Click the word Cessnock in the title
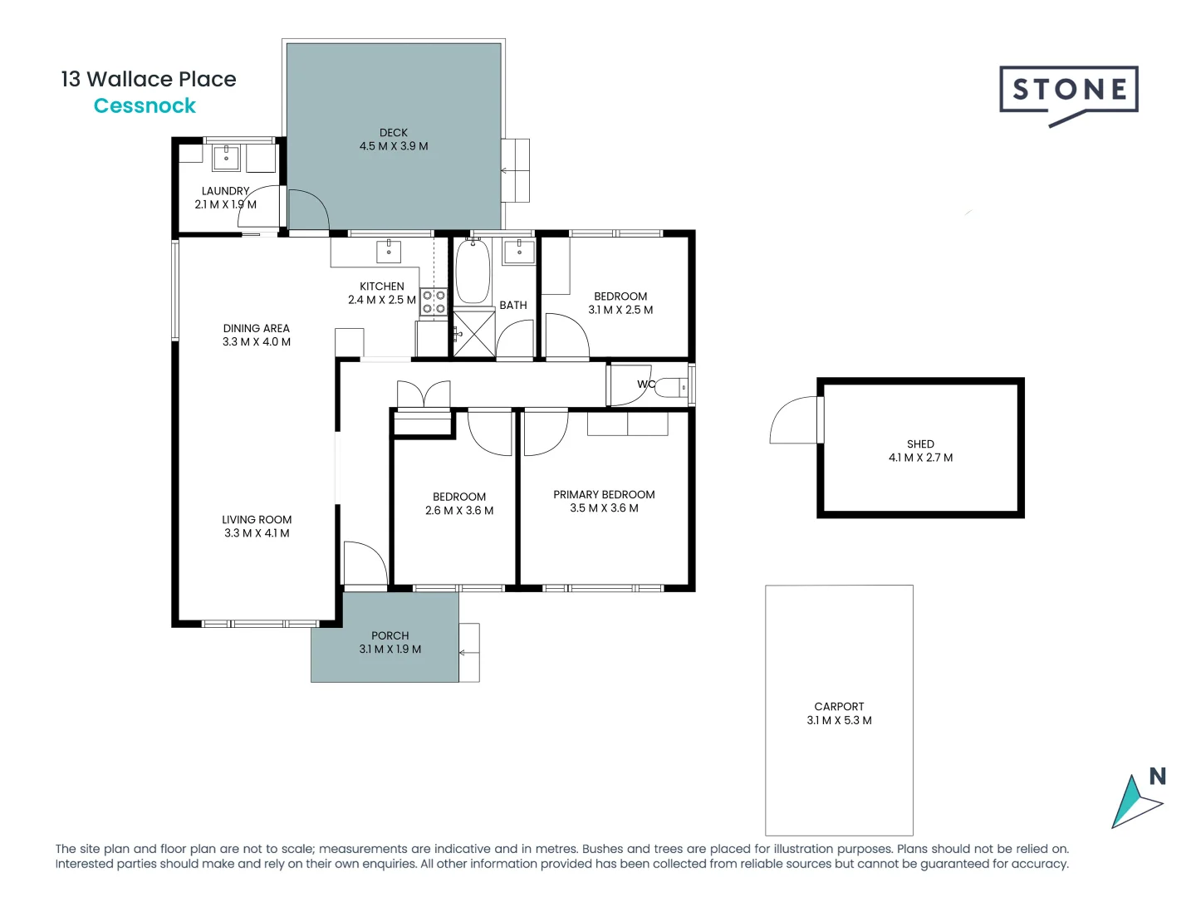pos(145,106)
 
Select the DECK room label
pos(394,133)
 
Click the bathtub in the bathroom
pos(473,271)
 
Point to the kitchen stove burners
pos(434,301)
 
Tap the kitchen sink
pos(389,251)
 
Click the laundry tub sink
pos(226,157)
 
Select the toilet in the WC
pos(672,387)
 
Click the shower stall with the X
pos(473,334)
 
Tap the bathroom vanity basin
pos(519,251)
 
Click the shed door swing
pos(796,421)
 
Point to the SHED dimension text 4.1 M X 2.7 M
pos(920,458)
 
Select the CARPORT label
pos(839,707)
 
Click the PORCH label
pos(390,636)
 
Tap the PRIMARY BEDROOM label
pos(604,495)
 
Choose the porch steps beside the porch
pos(469,653)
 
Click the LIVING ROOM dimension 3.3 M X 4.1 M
pos(257,533)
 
